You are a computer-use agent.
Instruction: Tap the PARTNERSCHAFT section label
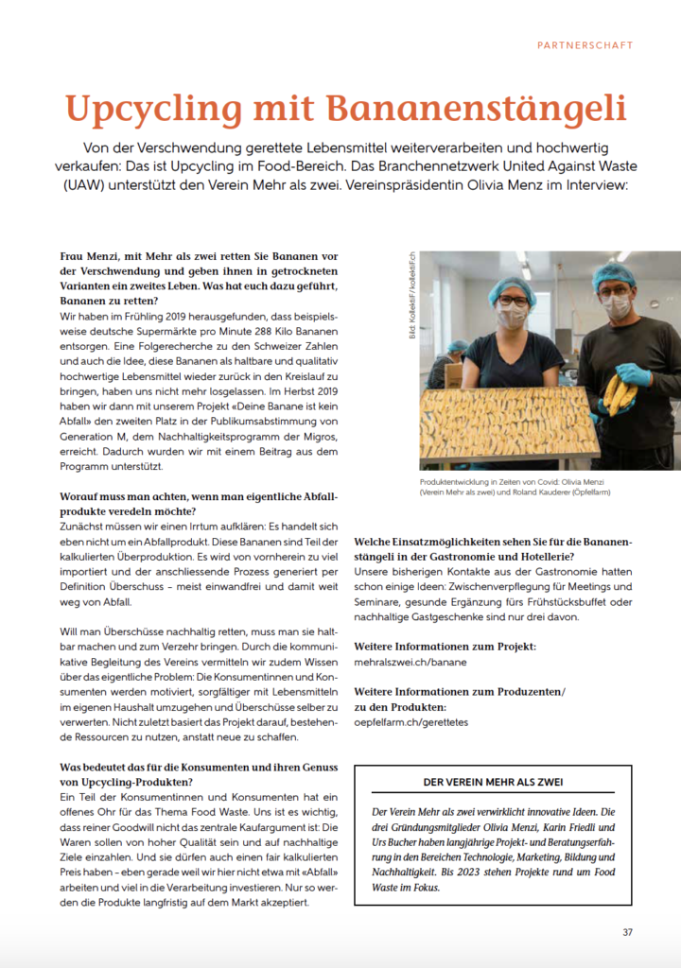point(585,44)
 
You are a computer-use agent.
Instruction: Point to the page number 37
point(627,932)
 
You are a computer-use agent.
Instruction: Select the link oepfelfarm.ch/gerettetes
point(410,722)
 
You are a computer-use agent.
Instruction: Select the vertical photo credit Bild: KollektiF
point(412,306)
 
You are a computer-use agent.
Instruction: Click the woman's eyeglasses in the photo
point(513,302)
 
